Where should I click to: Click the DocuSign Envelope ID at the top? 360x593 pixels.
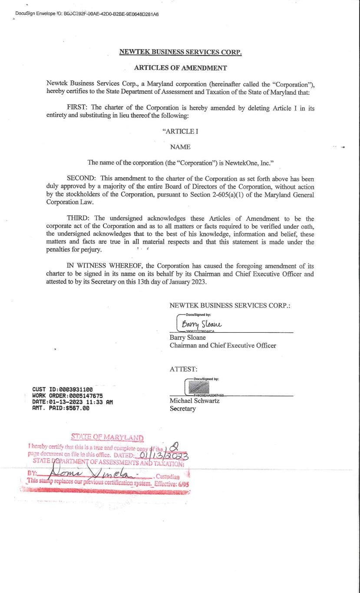[x=87, y=14]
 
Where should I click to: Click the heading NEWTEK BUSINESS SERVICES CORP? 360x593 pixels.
[x=180, y=52]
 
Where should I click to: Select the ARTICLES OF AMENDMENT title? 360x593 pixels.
[x=180, y=68]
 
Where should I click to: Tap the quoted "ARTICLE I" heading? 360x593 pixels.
[x=180, y=131]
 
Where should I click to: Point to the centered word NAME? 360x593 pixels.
[x=180, y=147]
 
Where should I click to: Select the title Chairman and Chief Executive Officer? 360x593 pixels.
[x=223, y=345]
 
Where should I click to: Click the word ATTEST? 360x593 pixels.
[x=183, y=369]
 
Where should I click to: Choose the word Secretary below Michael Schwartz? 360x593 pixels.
[x=182, y=409]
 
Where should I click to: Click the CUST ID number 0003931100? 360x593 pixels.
[x=74, y=390]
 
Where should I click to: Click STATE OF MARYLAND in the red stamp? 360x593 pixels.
[x=107, y=437]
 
